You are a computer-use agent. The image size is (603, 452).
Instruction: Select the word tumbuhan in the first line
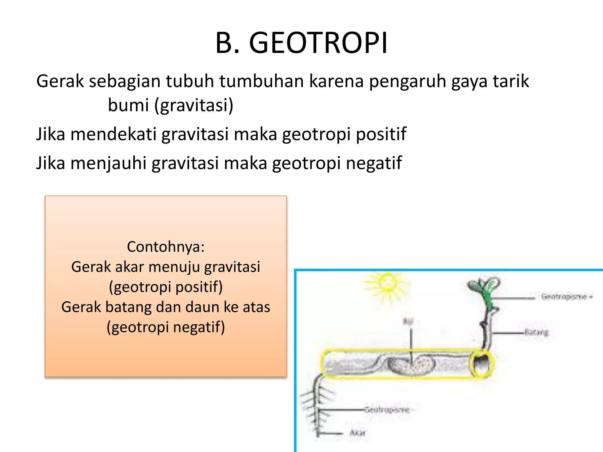point(261,81)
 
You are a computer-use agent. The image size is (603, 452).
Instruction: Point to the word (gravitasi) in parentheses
point(194,105)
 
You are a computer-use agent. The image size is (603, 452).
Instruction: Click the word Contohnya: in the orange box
point(165,247)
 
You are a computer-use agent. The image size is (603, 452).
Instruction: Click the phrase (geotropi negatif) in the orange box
point(165,327)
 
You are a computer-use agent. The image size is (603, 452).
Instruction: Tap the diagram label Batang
point(536,332)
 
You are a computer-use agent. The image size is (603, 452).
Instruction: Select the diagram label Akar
point(358,433)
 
